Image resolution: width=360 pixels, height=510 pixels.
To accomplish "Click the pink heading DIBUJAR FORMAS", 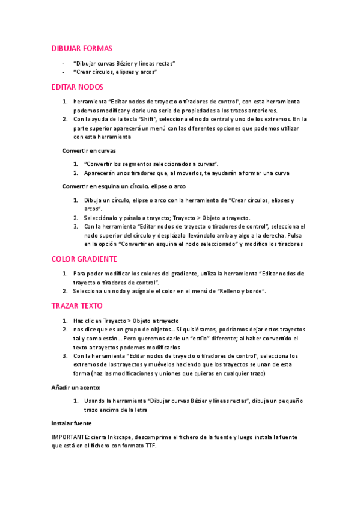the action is coord(82,48).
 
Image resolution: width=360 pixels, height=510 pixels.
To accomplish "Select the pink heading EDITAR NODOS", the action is coord(78,87).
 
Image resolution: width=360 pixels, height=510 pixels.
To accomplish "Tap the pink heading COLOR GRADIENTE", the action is coord(84,259).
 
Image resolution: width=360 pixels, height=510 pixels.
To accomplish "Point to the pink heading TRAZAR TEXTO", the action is coord(77,306).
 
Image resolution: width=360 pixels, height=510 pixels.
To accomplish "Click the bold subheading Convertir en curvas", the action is coord(89,150).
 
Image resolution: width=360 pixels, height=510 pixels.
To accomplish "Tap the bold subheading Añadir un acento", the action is coord(76,387).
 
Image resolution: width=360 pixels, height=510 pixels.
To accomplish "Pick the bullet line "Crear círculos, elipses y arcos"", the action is coord(115,72).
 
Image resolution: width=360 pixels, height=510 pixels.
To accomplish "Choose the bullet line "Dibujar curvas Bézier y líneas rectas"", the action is coord(124,63).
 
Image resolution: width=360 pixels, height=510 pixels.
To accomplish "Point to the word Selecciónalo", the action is coord(103,217).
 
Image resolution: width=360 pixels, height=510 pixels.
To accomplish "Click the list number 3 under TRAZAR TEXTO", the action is coord(65,356).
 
